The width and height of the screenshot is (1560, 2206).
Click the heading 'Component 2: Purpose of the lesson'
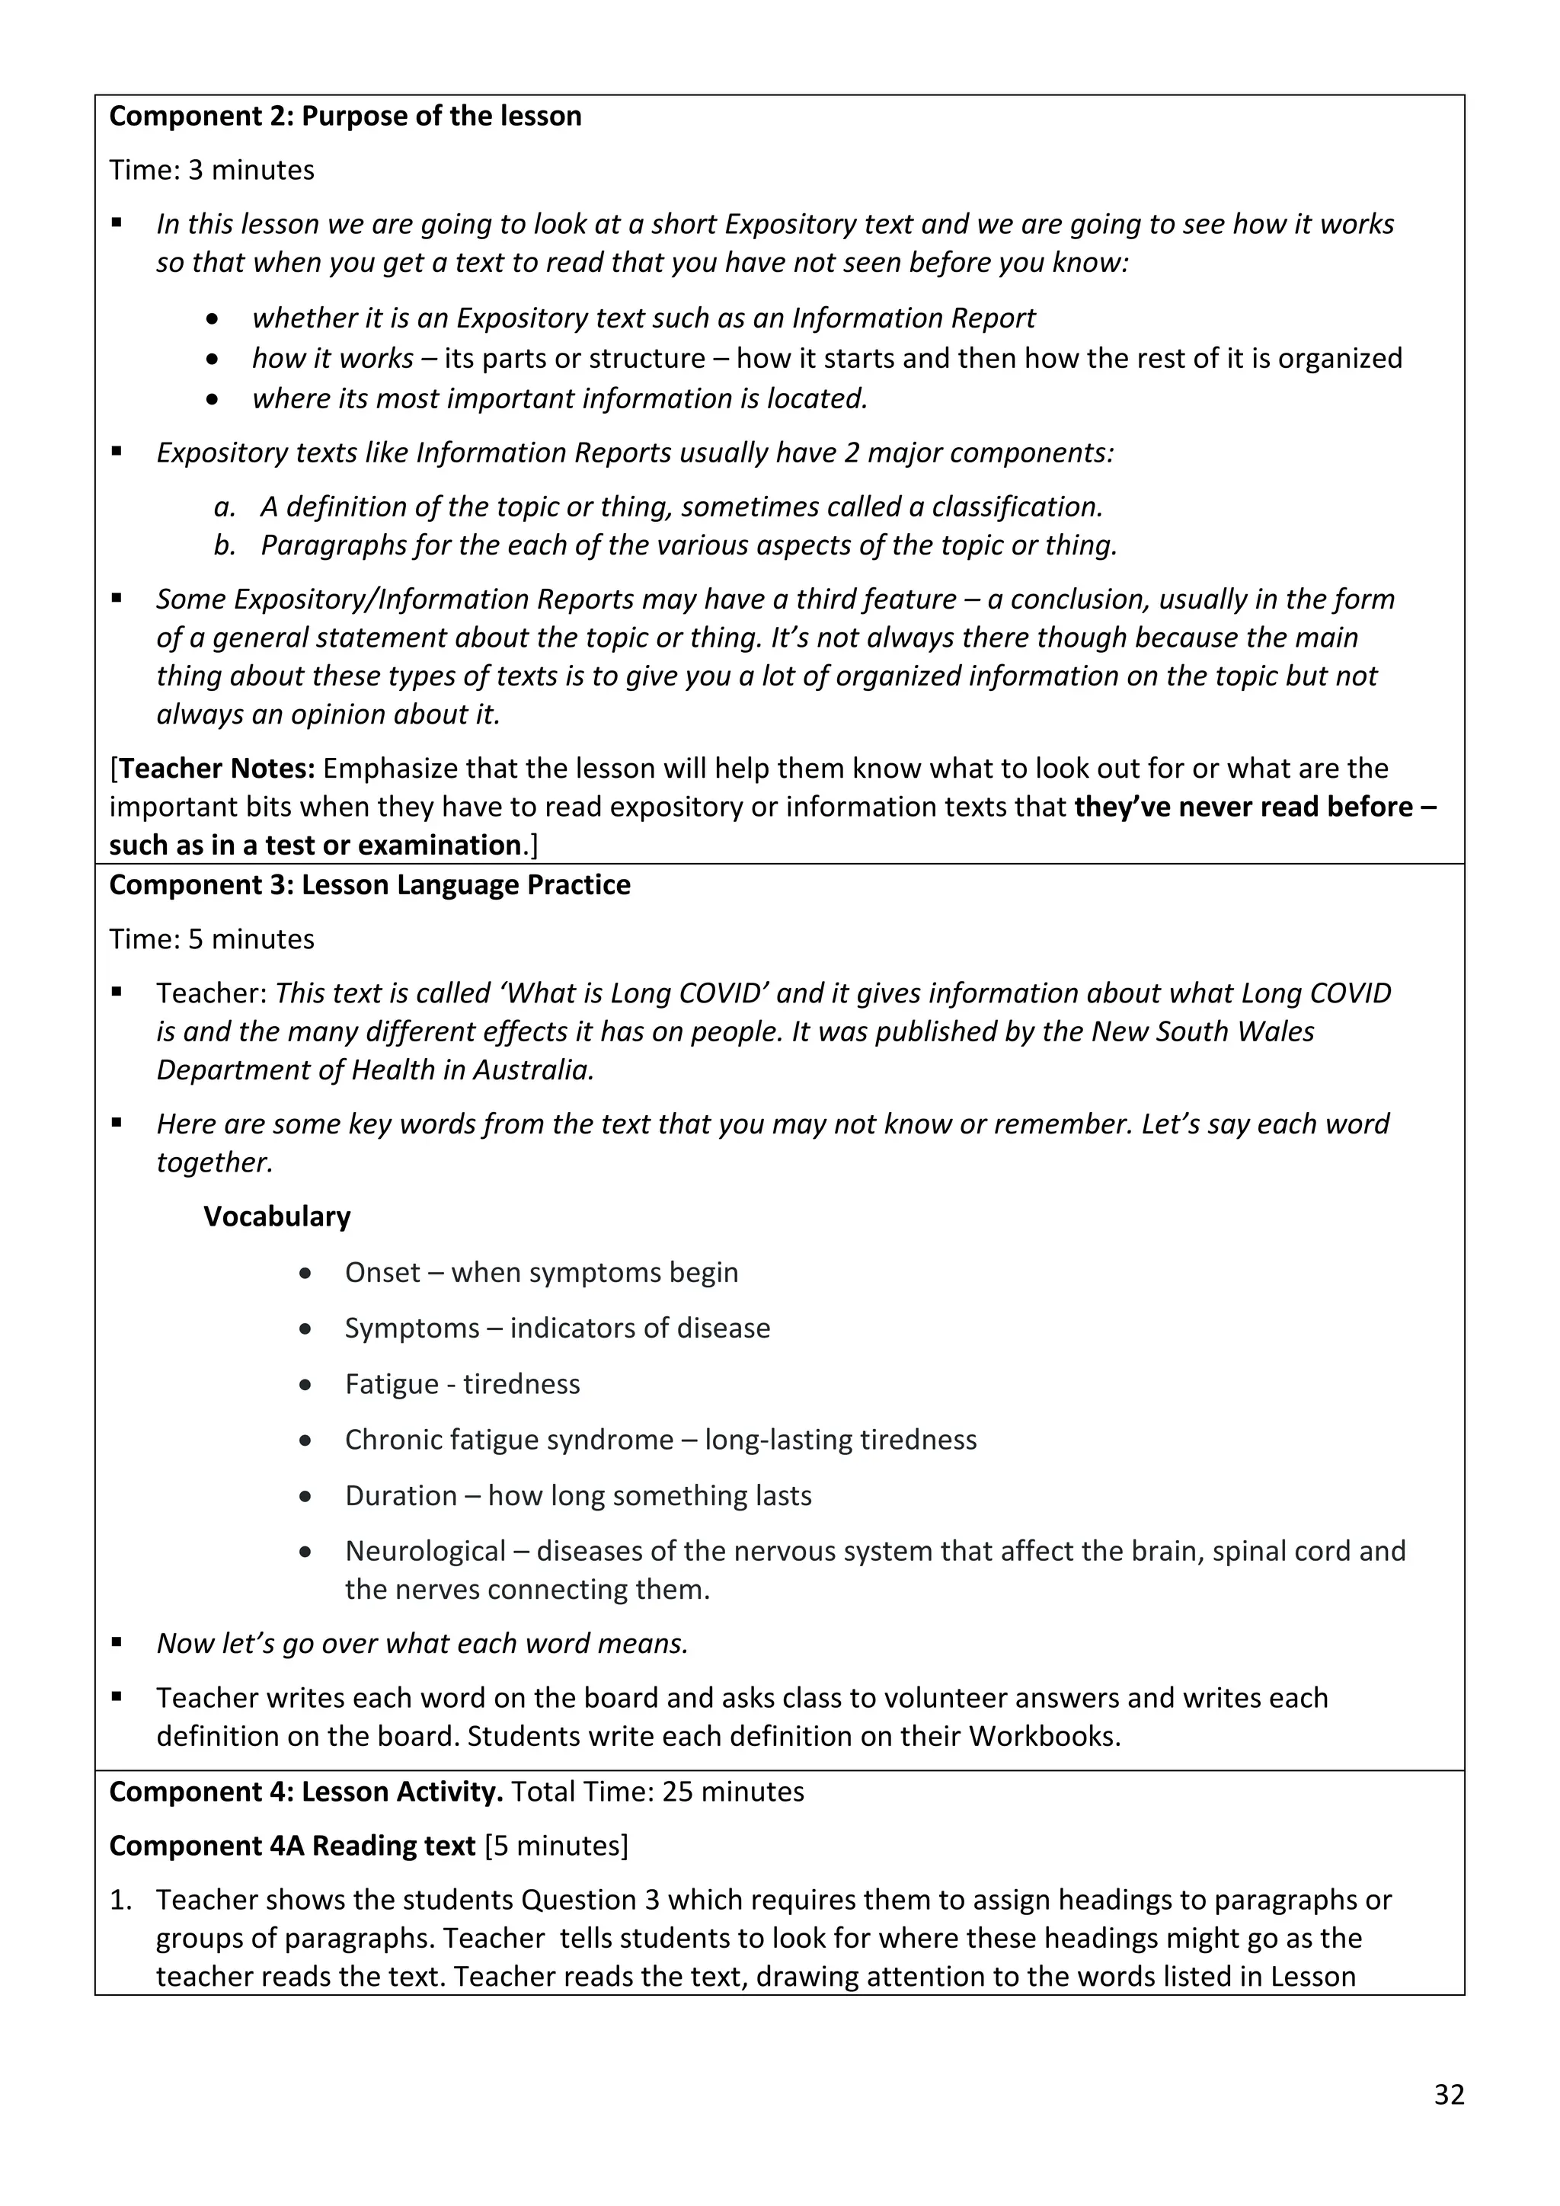[345, 117]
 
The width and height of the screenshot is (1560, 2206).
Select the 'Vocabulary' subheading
[277, 1216]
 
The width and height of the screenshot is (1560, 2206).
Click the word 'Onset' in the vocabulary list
[382, 1272]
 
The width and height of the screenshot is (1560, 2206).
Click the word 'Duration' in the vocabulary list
[401, 1495]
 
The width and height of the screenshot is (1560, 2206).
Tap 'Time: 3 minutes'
[211, 170]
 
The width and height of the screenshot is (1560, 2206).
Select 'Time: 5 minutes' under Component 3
[211, 938]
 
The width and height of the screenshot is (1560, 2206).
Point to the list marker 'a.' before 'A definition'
[225, 507]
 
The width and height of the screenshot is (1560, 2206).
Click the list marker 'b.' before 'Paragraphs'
[225, 545]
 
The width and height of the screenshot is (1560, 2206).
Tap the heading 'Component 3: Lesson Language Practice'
[370, 885]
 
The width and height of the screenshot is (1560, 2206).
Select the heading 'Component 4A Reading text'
[292, 1846]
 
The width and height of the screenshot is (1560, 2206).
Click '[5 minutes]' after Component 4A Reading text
[556, 1846]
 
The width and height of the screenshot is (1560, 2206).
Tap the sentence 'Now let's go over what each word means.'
[423, 1643]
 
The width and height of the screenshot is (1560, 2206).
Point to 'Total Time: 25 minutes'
[657, 1792]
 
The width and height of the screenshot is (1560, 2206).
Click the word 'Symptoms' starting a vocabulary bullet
[411, 1328]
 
